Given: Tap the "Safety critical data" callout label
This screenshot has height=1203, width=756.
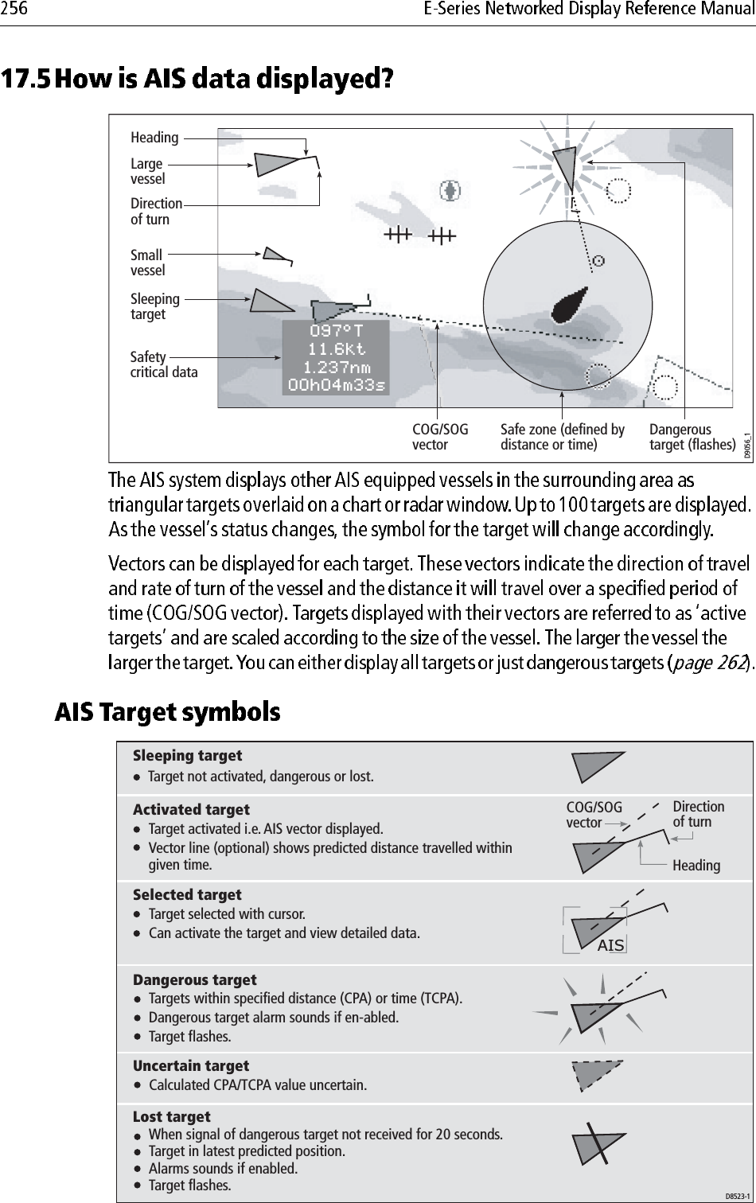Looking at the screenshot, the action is [x=164, y=364].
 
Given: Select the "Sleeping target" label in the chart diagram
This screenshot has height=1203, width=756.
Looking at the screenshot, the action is [x=155, y=306].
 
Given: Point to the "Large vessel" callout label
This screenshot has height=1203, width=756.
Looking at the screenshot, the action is [x=148, y=171].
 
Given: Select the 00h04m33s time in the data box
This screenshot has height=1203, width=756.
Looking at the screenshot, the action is [x=337, y=385].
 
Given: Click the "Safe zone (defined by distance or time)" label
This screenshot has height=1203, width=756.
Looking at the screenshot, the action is [x=563, y=437].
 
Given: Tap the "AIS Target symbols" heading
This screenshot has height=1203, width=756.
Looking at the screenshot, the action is [x=166, y=711].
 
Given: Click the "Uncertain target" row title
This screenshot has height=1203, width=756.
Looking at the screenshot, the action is [x=191, y=1065].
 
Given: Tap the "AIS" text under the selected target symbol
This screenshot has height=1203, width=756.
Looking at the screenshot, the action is [x=610, y=945].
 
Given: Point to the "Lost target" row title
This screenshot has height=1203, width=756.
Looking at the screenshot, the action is [x=172, y=1116].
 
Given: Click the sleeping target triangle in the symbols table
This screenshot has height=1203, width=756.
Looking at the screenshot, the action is [x=595, y=766].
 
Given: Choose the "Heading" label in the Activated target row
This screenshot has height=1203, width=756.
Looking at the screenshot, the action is [x=696, y=865].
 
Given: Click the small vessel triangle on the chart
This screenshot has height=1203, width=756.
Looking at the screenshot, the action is [x=275, y=254].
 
